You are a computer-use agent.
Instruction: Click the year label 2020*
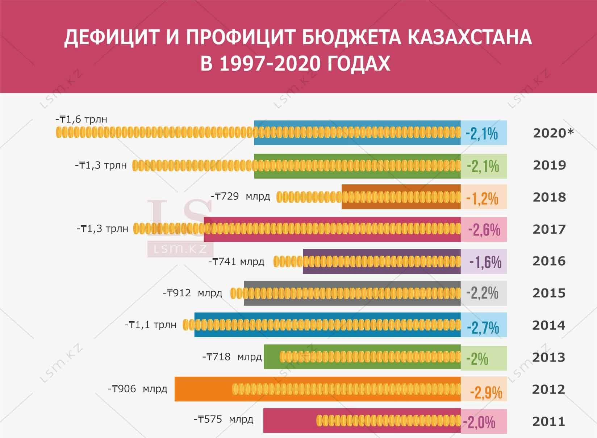point(553,133)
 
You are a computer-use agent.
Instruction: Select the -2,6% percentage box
point(484,230)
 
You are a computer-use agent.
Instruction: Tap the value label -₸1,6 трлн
point(81,119)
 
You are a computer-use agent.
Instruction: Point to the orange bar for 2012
point(203,389)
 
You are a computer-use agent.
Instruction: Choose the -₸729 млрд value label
point(241,196)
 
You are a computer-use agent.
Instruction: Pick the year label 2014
point(548,325)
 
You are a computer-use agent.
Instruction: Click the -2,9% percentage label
point(486,392)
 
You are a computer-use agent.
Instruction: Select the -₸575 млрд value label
point(224,420)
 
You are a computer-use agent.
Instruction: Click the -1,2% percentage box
point(484,197)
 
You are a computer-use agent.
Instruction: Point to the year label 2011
point(548,421)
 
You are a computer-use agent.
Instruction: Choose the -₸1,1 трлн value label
point(150,325)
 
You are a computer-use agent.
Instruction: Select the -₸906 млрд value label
point(137,389)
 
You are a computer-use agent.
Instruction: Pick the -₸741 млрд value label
point(236,261)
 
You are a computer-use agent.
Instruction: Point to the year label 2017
point(549,229)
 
